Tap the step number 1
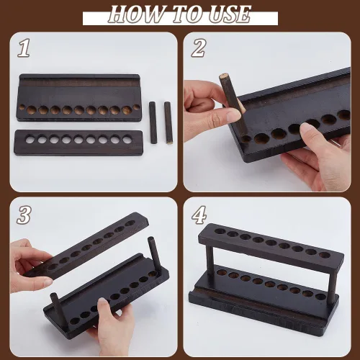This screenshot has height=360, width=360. (x=24, y=48)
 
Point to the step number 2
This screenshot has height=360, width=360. (x=199, y=48)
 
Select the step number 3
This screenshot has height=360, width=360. (x=24, y=215)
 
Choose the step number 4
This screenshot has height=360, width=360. (x=199, y=215)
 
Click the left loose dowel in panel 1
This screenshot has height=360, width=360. (x=153, y=122)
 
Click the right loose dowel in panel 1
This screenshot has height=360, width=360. (x=168, y=123)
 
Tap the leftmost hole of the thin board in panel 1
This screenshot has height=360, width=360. (x=30, y=140)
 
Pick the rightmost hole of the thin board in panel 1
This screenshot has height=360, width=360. (x=127, y=140)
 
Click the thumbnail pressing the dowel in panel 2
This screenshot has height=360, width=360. (x=233, y=115)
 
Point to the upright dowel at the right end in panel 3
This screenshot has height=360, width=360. (x=153, y=255)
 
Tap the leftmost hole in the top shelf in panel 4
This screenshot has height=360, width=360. (x=220, y=231)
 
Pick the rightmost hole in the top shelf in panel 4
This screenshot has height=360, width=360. (x=325, y=255)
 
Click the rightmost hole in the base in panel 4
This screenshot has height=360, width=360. (x=320, y=297)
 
